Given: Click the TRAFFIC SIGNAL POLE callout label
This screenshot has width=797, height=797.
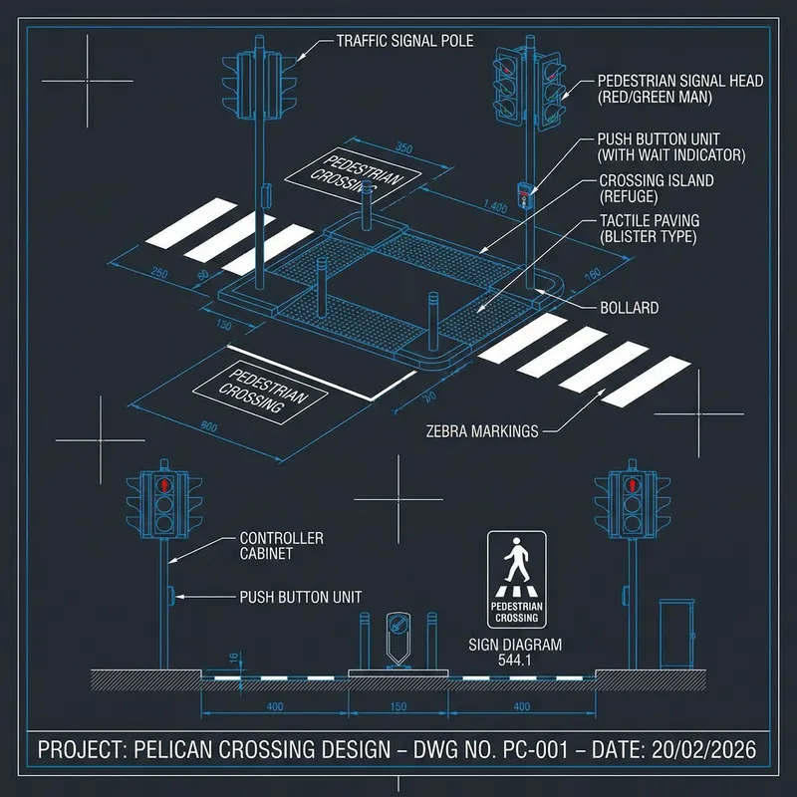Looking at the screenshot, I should coord(404,41).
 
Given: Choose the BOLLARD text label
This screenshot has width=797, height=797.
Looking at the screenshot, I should coord(629,308).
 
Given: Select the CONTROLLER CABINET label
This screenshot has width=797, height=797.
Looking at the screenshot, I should coord(282,545).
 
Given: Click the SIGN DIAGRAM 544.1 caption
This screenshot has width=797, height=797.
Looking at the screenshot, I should coord(515,652).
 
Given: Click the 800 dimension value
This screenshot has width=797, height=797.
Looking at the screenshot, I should coord(209,426).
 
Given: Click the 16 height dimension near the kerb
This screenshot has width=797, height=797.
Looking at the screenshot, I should coord(234,658).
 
